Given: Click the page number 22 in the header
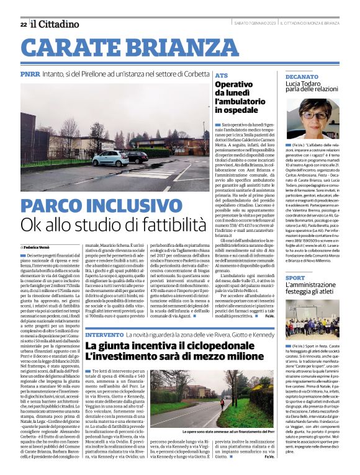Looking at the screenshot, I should coord(24,24).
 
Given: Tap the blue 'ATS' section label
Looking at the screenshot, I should coord(221,75).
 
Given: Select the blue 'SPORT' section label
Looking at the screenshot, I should coord(295,278).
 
